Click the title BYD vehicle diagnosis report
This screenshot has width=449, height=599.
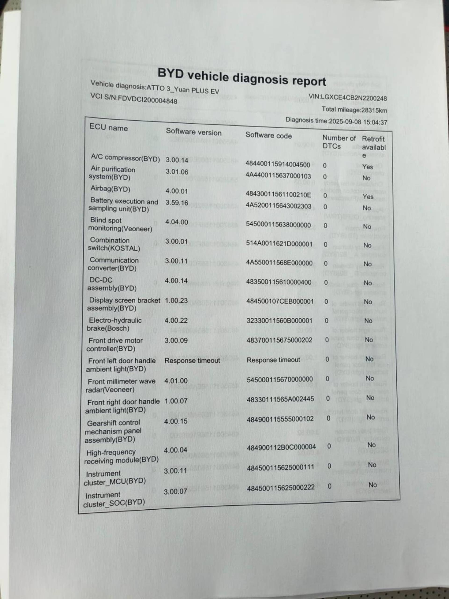tap(242, 77)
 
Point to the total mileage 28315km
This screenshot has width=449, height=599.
tap(354, 110)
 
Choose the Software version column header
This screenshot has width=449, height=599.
tap(193, 132)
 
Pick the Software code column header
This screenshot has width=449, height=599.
tap(268, 135)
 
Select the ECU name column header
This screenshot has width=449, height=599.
tap(109, 127)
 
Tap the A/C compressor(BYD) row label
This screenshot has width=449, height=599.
tap(125, 158)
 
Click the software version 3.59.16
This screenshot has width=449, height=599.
tap(177, 203)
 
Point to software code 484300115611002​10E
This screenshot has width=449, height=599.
tap(278, 194)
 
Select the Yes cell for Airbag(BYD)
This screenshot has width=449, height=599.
tap(368, 197)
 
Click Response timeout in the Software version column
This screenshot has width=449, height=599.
tap(192, 360)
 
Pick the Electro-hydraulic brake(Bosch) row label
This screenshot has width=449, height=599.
tap(114, 324)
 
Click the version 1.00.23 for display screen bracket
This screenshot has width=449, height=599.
tap(176, 301)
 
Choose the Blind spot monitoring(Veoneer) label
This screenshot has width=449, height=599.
tap(120, 224)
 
